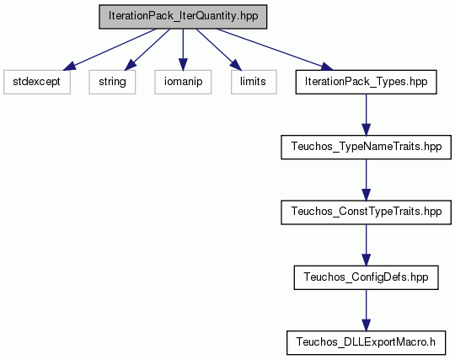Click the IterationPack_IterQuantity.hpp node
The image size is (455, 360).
point(183,17)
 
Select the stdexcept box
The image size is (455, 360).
point(37,82)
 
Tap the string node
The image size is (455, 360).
point(112,82)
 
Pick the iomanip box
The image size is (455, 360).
point(183,82)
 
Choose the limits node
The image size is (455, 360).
point(254,82)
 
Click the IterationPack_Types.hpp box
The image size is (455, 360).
point(366,82)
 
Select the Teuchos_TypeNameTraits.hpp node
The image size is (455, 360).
point(366,147)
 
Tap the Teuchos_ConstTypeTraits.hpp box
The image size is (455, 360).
point(366,212)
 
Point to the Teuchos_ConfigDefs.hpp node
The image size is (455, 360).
point(366,277)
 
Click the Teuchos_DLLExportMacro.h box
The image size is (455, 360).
point(366,342)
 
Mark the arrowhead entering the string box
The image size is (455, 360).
point(131,65)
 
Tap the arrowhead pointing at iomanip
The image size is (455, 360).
point(183,64)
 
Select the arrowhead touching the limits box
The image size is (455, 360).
point(236,65)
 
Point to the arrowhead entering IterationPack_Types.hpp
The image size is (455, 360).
point(326,67)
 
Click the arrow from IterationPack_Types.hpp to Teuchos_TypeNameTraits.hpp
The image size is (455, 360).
point(366,115)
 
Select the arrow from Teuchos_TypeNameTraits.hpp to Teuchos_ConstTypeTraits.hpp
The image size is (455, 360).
point(366,180)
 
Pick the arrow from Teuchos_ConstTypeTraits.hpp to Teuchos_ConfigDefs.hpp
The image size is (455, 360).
point(366,245)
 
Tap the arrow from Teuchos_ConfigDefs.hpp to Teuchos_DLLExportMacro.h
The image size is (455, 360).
point(366,310)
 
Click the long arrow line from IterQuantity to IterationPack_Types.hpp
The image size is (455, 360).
point(275,50)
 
